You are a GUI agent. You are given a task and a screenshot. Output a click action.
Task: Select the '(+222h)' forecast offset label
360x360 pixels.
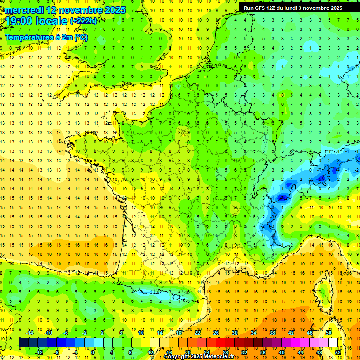tap(83, 21)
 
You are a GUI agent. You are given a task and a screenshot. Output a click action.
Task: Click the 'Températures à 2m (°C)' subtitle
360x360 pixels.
tap(46, 37)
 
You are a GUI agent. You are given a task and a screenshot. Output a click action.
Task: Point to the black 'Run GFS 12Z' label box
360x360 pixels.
tap(292, 7)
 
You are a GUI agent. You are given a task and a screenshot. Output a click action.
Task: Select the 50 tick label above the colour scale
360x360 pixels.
tap(328, 332)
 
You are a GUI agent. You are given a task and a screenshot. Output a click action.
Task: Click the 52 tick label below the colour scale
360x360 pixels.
tap(338, 352)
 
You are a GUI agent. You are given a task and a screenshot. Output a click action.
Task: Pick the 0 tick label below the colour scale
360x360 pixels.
tap(93, 352)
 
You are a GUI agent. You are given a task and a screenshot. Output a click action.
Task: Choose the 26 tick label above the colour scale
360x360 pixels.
tap(216, 332)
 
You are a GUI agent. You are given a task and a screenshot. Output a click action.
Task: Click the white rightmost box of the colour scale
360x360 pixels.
tap(333, 342)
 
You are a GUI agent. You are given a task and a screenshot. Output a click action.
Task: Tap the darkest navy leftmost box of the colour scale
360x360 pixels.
tap(23, 342)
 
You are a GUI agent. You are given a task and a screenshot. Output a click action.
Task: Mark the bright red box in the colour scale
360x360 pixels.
tap(220, 342)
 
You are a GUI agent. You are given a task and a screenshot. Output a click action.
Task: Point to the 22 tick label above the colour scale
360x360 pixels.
tap(197, 332)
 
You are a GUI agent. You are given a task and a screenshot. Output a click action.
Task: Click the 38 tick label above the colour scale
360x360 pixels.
tap(272, 332)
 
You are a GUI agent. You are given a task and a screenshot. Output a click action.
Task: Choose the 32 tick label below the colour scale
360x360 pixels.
tap(244, 352)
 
